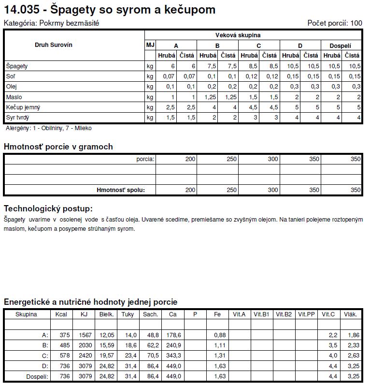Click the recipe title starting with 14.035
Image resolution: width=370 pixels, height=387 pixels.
(110, 10)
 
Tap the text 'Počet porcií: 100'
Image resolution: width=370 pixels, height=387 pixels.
(334, 23)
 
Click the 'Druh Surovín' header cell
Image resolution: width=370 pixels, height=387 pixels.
(54, 45)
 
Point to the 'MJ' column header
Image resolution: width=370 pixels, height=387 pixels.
(150, 45)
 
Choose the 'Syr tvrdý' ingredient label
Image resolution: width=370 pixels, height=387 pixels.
(18, 117)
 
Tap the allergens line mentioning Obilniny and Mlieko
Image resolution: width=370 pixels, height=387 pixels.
(48, 128)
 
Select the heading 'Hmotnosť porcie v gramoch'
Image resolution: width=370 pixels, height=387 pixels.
(58, 147)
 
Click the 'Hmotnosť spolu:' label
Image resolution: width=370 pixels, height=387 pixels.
(121, 190)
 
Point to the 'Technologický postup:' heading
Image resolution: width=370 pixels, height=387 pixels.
(48, 208)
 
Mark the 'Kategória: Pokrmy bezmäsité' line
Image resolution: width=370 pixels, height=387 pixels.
(51, 23)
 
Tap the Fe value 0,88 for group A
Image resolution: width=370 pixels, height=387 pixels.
(220, 335)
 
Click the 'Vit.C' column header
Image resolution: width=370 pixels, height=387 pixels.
(328, 314)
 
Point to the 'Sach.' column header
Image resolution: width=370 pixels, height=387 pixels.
(150, 314)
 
